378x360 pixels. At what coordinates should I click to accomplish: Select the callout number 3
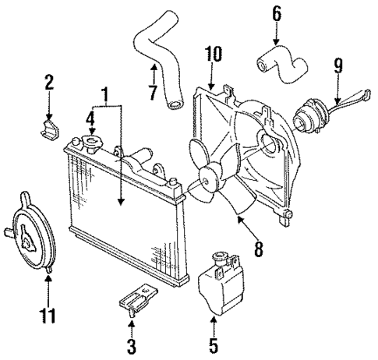(132, 344)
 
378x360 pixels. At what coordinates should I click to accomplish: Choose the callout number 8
(256, 251)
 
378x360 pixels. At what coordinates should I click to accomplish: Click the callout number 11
(47, 316)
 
